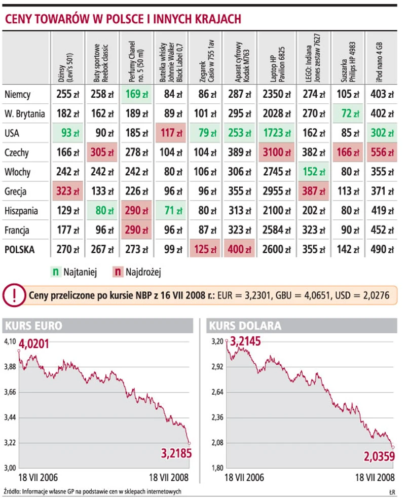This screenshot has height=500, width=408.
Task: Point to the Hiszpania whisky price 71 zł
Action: point(170,211)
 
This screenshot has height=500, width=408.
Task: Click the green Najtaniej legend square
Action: point(55,272)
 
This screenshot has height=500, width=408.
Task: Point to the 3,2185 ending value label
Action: point(176,453)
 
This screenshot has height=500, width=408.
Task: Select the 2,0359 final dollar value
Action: point(380,457)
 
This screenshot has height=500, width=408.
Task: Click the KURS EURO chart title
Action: point(33,325)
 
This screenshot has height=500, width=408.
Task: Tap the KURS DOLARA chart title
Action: point(245,325)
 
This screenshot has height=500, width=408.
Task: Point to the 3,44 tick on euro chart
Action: point(10,418)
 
